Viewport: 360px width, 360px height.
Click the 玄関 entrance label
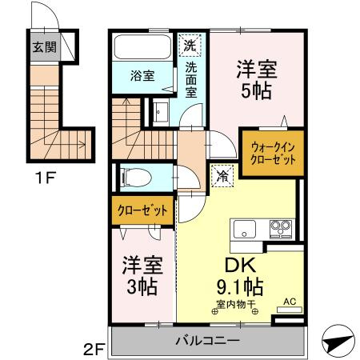(43, 46)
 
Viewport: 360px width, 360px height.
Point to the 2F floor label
(94, 349)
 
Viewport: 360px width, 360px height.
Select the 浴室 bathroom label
(143, 77)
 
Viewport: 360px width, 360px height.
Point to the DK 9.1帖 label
(238, 274)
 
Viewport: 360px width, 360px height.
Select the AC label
(290, 302)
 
